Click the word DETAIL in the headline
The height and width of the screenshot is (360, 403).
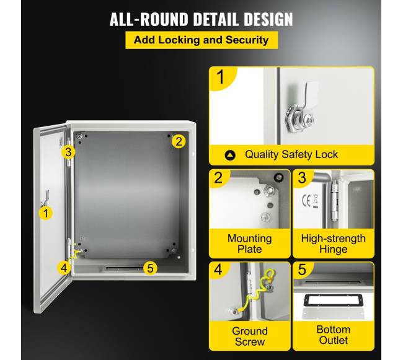point(216,19)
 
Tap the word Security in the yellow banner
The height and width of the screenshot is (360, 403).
point(247,40)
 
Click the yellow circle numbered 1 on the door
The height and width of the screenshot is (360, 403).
point(46,213)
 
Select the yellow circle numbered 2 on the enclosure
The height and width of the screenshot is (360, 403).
point(179,141)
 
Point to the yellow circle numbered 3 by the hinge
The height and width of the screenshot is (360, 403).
point(68,152)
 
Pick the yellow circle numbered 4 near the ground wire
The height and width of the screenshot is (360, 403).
point(64,268)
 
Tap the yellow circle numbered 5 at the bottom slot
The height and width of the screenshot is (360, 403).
point(150,268)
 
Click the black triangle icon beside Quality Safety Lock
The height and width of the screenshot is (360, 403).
point(230,155)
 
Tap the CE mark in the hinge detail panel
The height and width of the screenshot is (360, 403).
point(306,201)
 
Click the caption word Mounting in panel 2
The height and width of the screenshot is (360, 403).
point(250,239)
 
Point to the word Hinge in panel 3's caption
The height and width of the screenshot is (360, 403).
point(334,249)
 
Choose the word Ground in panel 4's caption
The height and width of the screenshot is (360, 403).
point(250,331)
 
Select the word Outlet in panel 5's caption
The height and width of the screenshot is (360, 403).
point(334,341)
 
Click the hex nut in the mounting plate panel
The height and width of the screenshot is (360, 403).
point(269,190)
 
